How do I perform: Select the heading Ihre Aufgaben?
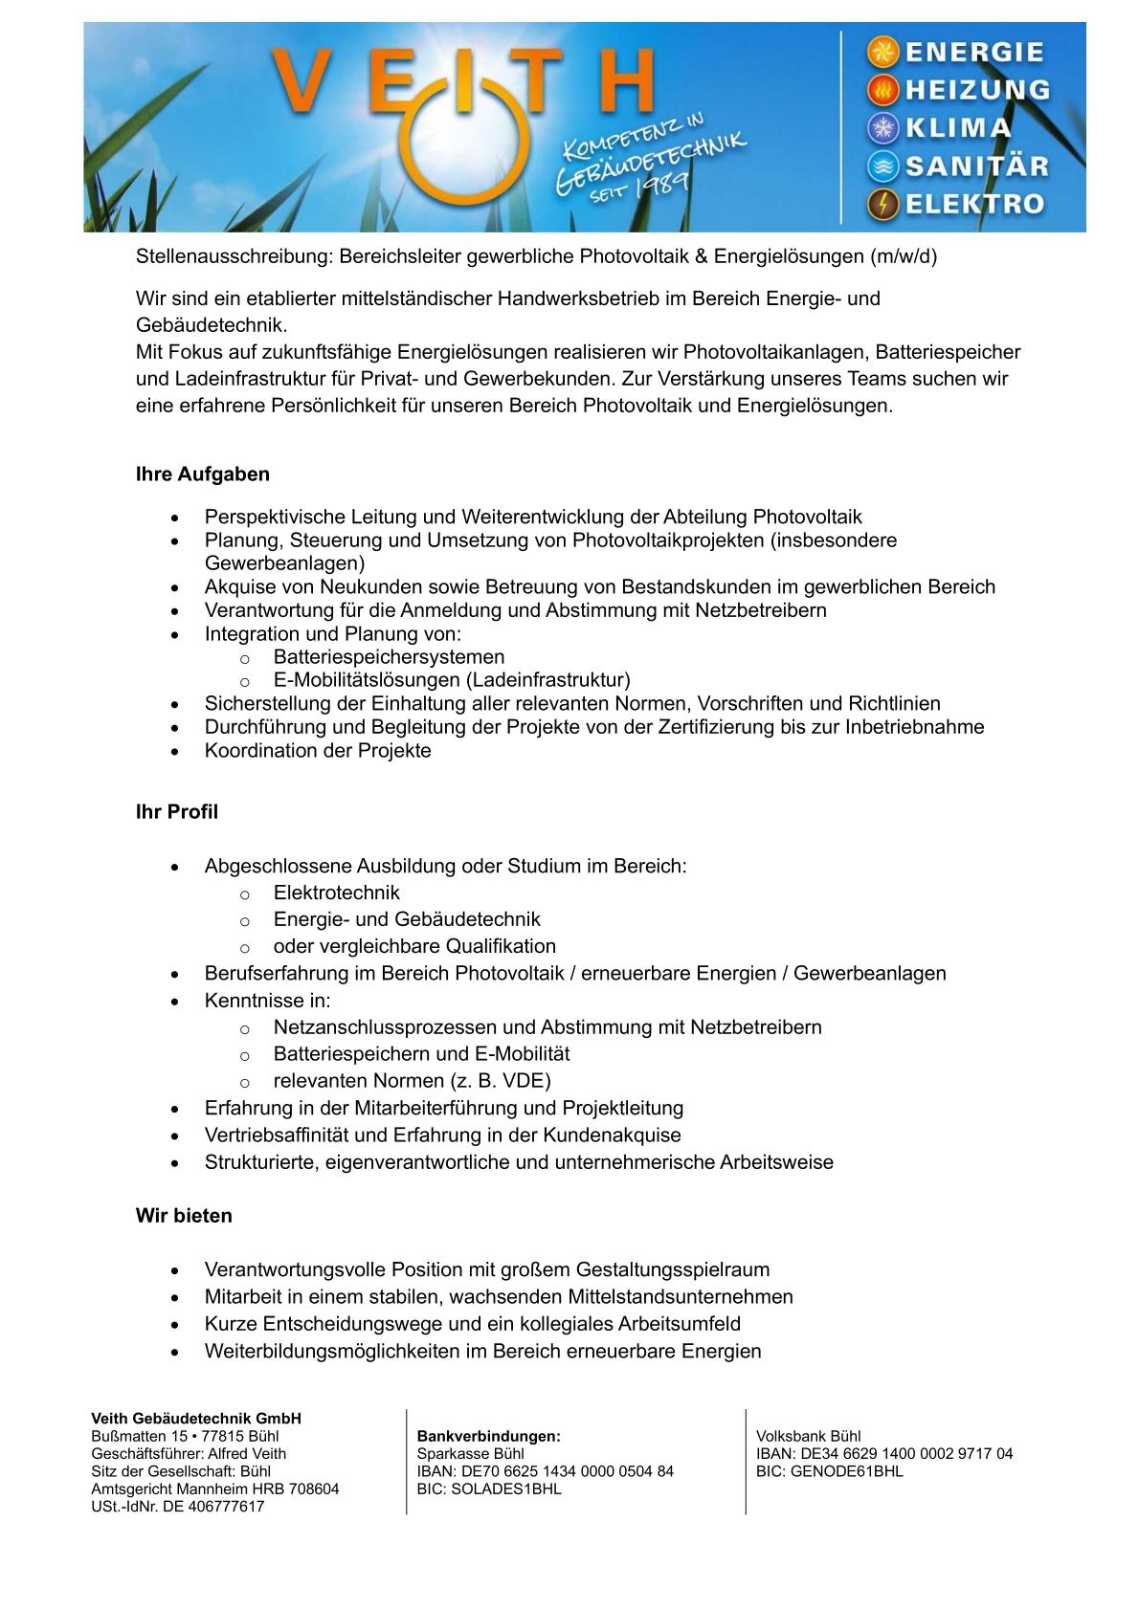click(203, 474)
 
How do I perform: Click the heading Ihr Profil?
click(177, 812)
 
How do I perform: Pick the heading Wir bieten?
click(184, 1216)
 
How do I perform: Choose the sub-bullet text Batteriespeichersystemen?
click(389, 657)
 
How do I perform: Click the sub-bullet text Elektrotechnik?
click(337, 893)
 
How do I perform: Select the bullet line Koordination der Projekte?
click(318, 751)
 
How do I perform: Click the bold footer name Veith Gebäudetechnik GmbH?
click(196, 1419)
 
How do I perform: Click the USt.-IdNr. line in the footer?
click(178, 1507)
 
